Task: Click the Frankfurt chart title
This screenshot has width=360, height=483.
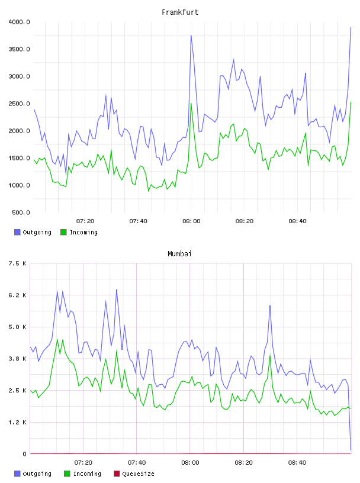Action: pos(180,12)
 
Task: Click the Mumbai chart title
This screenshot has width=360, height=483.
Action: pos(179,254)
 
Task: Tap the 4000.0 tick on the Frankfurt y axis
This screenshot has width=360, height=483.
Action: pos(19,22)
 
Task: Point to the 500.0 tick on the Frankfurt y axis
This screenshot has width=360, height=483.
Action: pos(21,212)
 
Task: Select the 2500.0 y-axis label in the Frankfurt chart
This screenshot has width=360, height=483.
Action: pos(19,104)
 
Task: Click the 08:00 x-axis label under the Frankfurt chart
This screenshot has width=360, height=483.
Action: pos(191,221)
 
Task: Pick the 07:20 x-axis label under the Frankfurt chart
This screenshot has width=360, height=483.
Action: pos(85,221)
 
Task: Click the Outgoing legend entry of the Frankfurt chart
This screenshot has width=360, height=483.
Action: pos(33,232)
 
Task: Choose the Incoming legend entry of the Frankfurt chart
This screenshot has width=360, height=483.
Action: pos(79,232)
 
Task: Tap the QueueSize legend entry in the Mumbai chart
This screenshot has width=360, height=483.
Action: pos(134,474)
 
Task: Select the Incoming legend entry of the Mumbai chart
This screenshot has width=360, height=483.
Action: pos(83,474)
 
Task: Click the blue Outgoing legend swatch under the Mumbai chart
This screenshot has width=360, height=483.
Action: pos(17,474)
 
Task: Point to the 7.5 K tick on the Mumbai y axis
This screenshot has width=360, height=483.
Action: pos(17,263)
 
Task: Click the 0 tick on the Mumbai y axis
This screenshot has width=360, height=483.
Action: pos(24,454)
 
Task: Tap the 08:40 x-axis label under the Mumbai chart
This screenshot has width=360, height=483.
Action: pos(297,463)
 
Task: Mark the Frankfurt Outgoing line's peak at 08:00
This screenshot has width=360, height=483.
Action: pos(191,36)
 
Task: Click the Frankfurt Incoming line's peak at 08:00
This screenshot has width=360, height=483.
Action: pos(191,104)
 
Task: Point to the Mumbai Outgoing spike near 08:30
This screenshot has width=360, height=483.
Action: pos(270,305)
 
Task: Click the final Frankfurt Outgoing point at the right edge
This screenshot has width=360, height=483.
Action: pos(351,27)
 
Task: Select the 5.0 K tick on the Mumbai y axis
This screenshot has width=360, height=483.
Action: pos(17,327)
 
